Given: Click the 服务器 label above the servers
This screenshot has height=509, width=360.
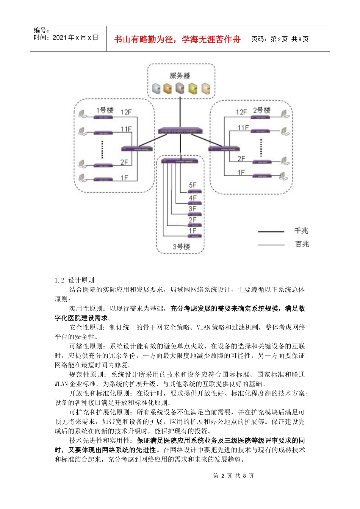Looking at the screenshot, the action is click(x=180, y=75).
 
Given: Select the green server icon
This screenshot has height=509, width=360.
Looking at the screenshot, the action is click(x=193, y=88).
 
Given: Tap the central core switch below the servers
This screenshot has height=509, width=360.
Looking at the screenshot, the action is click(x=180, y=131).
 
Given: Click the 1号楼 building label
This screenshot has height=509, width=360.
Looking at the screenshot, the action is click(x=105, y=110).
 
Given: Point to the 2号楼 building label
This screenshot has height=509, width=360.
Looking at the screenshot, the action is click(x=261, y=110).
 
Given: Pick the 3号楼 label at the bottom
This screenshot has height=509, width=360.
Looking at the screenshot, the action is click(x=181, y=247).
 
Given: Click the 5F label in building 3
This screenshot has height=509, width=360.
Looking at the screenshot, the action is click(x=193, y=185).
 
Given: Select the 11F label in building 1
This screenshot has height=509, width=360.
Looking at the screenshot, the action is click(x=126, y=129).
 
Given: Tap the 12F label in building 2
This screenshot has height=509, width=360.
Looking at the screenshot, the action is click(x=241, y=112).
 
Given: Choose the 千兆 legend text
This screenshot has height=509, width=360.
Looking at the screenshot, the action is click(x=302, y=231).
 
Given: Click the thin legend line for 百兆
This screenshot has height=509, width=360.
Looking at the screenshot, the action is click(x=271, y=245).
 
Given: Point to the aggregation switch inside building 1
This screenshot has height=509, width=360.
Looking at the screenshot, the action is click(x=137, y=148).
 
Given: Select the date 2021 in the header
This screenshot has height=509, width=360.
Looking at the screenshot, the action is click(x=59, y=37).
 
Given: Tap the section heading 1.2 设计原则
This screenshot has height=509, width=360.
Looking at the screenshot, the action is click(x=74, y=280).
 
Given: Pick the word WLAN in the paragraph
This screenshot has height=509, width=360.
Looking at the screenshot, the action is click(x=61, y=384).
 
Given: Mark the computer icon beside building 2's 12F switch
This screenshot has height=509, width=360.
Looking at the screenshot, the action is click(x=285, y=113).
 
